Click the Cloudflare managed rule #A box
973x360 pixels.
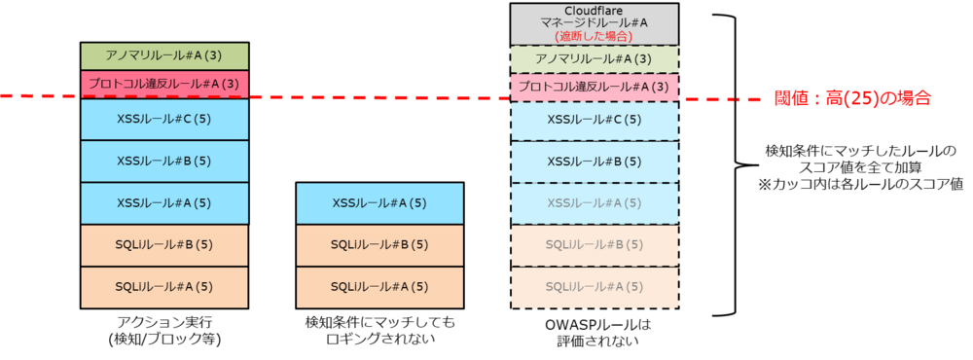coord(595,23)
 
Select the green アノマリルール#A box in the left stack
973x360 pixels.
coord(164,56)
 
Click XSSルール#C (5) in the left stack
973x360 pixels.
coord(164,119)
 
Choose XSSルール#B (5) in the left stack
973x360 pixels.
coord(164,161)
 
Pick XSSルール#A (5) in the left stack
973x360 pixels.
coord(164,202)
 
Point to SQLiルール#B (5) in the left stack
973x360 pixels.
coord(164,244)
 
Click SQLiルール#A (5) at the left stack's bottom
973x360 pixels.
coord(164,286)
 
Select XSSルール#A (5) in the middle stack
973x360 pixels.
coord(379,202)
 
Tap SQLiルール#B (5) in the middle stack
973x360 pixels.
coord(379,244)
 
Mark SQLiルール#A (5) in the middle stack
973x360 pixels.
coord(379,286)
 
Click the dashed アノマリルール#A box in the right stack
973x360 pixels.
coord(595,58)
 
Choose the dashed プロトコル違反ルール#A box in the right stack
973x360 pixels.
coord(595,86)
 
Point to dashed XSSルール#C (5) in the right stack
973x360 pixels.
coord(595,120)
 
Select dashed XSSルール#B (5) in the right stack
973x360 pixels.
coord(595,161)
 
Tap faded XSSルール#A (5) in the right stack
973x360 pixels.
coord(595,202)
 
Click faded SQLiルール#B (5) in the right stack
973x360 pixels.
coord(595,244)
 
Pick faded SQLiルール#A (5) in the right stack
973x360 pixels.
coord(595,286)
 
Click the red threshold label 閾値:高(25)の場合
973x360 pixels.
coord(852,98)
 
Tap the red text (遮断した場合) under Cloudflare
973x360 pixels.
coord(595,36)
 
